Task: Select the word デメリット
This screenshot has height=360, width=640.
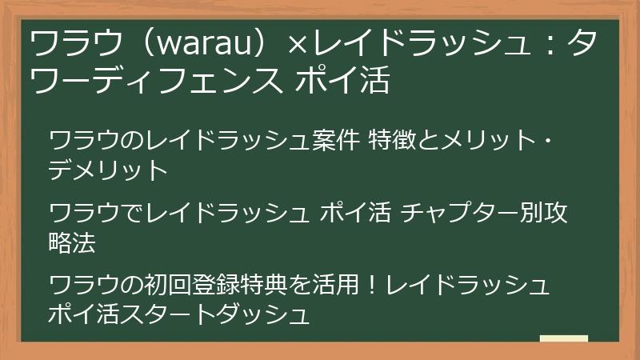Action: click(x=108, y=170)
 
